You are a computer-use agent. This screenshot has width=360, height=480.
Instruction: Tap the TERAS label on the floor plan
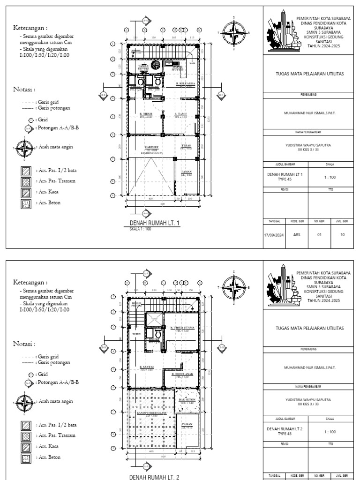(x=186, y=146)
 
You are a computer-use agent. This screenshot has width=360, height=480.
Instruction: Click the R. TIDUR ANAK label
(x=180, y=375)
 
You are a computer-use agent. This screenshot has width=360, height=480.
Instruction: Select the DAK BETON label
(x=187, y=400)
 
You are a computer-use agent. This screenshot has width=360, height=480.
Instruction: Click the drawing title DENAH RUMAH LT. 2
(x=155, y=476)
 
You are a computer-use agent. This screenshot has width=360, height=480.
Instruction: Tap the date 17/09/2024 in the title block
(x=274, y=234)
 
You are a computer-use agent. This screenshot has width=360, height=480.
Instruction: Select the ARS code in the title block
(x=296, y=234)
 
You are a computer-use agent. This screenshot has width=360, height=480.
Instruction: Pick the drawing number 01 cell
(x=319, y=234)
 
